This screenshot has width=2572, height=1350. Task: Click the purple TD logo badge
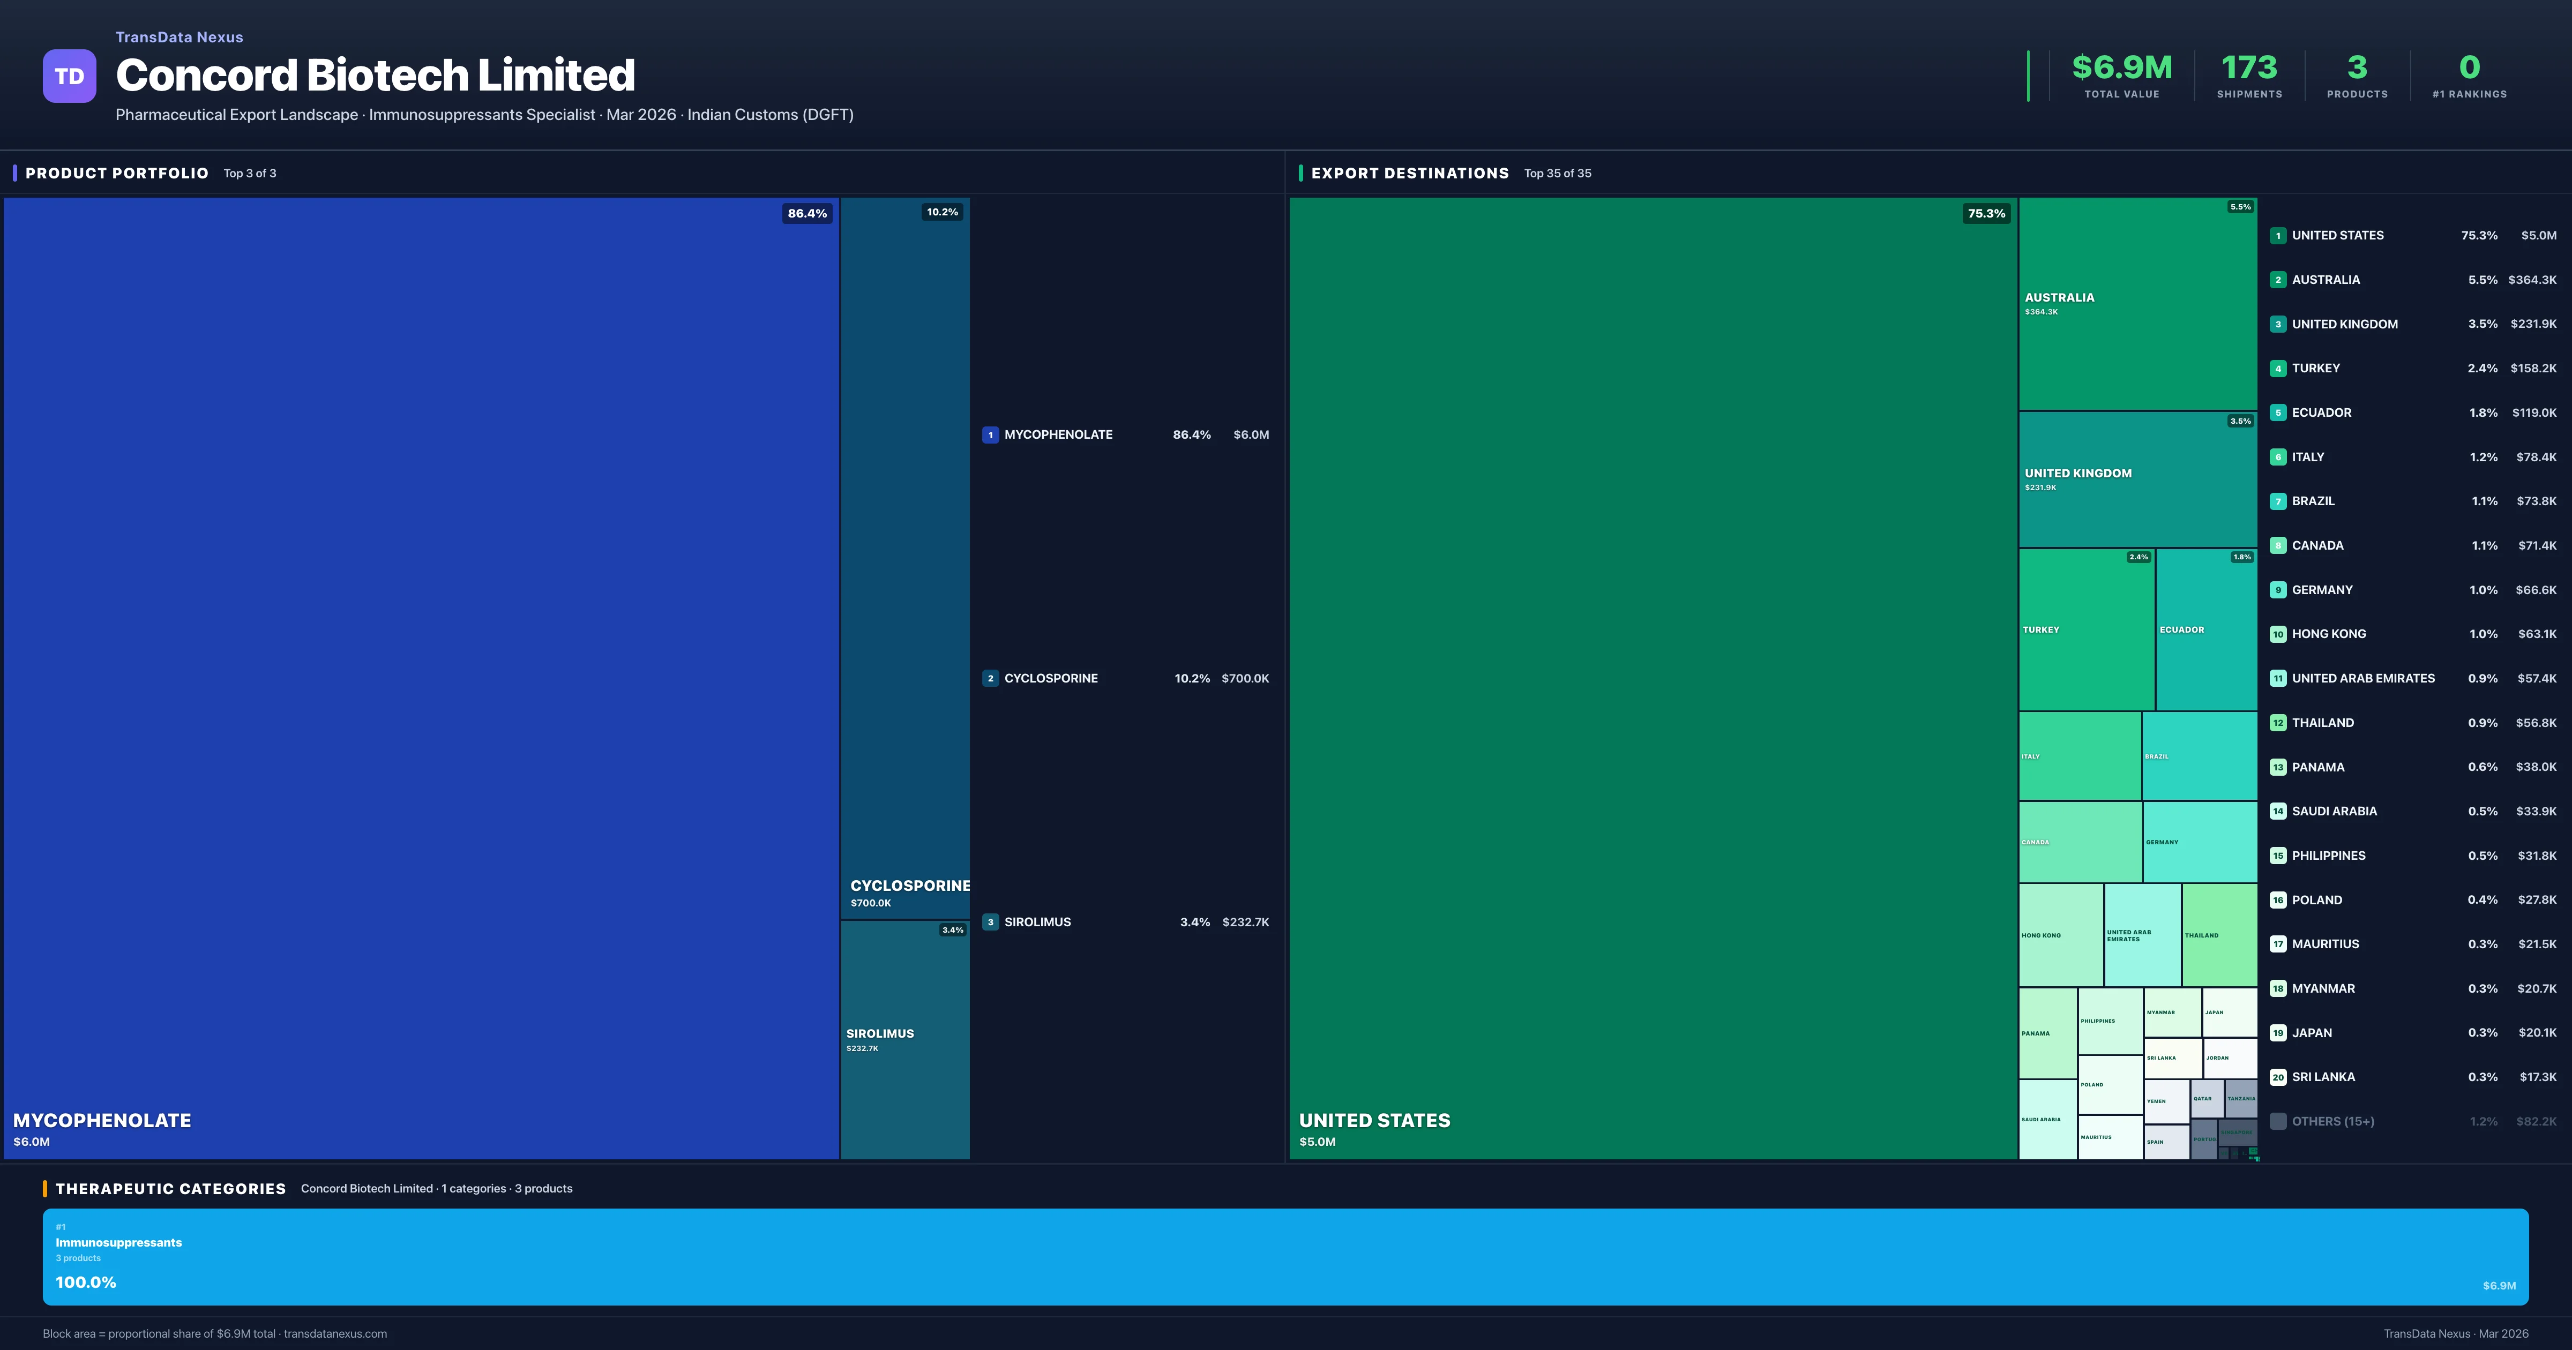coord(69,76)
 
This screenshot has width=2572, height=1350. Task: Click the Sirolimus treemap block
coord(904,1038)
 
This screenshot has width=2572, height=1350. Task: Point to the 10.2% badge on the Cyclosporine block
coord(941,212)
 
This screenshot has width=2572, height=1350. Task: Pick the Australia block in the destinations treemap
coord(2137,304)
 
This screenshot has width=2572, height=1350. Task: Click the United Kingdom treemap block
coord(2137,479)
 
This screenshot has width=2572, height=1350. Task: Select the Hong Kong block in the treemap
coord(2060,935)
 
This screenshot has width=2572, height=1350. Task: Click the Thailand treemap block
coord(2218,935)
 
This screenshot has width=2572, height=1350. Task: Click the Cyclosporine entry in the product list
coord(1050,678)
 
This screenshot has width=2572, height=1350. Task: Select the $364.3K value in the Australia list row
coord(2531,280)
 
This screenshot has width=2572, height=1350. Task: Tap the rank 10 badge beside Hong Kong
coord(2277,634)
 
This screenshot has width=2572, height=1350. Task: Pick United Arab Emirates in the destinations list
coord(2362,678)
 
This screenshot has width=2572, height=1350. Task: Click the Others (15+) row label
coord(2332,1121)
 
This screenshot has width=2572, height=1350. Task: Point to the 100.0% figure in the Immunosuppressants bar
coord(86,1282)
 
